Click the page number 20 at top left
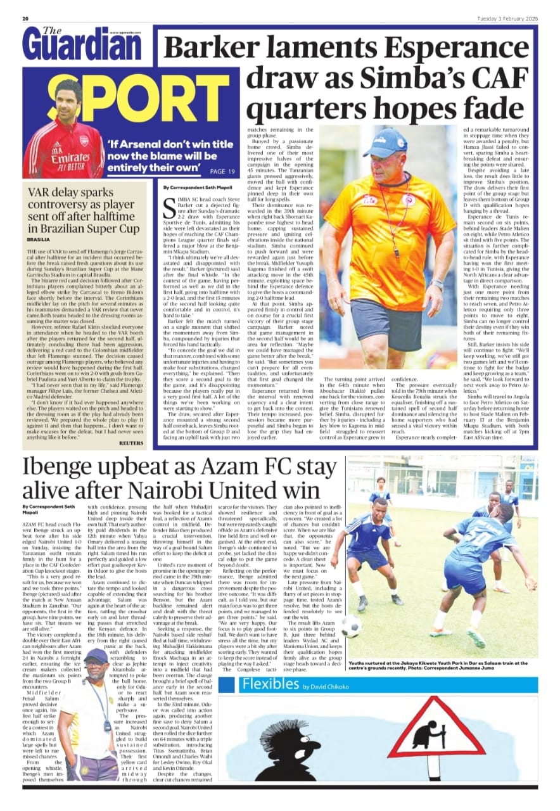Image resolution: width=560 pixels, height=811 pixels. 25,18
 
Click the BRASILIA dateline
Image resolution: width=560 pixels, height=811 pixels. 38,241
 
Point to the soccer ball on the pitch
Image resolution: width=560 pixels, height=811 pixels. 351,627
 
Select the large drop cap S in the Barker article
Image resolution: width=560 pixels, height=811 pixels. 169,210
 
